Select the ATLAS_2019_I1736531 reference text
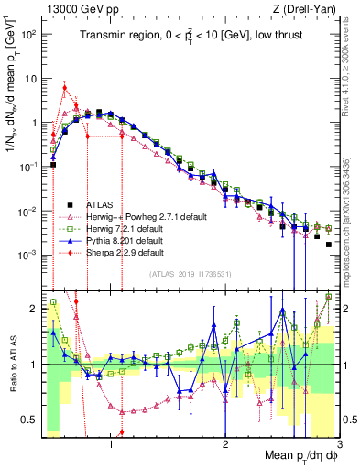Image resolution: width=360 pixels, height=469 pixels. point(190,274)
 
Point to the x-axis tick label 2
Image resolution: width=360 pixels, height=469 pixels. point(225,444)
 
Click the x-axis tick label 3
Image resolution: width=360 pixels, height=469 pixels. point(339,444)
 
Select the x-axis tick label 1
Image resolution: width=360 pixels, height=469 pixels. point(111,444)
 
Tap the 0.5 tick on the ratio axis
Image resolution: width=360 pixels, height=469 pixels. point(29,420)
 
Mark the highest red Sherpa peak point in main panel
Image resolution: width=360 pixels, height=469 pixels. point(64,88)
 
